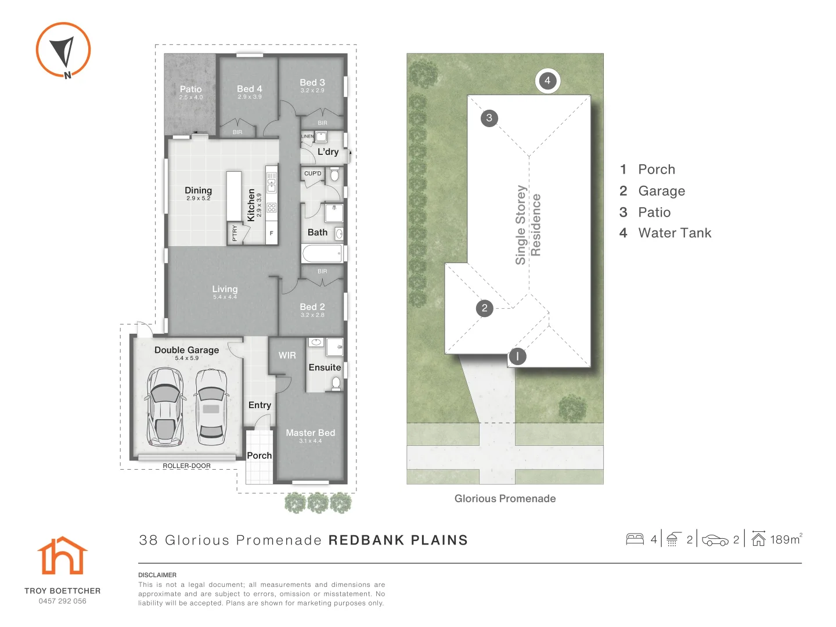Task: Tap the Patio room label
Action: click(191, 89)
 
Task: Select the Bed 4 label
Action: click(250, 89)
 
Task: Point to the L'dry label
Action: click(328, 152)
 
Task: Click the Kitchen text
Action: click(251, 205)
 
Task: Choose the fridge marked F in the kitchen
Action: click(272, 233)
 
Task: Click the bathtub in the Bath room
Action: click(322, 254)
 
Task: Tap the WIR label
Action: click(287, 355)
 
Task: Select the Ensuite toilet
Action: click(336, 384)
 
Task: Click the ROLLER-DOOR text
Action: click(186, 466)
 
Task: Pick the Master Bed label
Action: click(311, 433)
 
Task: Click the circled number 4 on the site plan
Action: click(547, 81)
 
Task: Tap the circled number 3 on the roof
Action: click(489, 118)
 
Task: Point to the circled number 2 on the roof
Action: click(484, 308)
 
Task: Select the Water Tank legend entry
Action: click(665, 233)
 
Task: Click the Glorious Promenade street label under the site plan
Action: click(505, 499)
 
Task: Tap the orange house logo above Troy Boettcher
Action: click(63, 555)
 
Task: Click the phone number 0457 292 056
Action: click(63, 601)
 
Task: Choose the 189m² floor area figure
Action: click(786, 539)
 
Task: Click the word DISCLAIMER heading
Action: click(157, 575)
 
